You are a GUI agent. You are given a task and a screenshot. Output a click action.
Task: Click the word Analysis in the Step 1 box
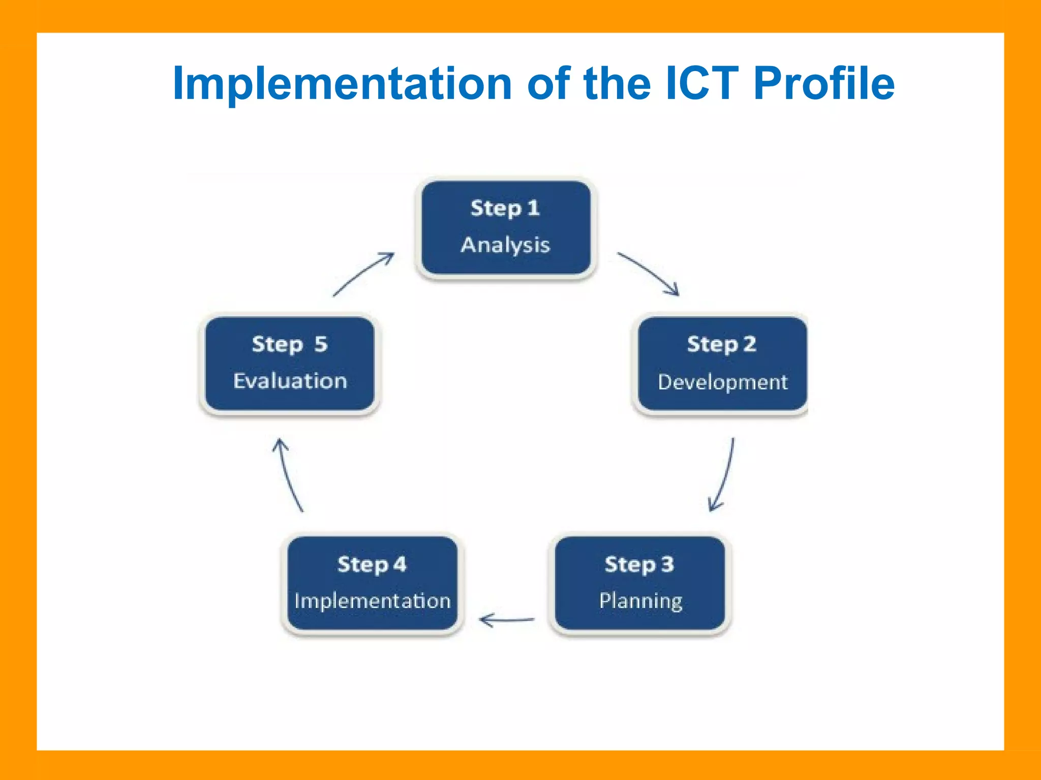505,245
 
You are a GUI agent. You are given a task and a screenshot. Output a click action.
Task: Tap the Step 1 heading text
505,208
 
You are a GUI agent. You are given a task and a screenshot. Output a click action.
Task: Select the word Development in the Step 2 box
722,382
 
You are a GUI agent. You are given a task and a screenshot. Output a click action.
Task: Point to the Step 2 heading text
721,344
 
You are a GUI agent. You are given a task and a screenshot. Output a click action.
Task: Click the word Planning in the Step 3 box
640,601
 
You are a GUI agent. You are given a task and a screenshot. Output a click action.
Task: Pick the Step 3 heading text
639,564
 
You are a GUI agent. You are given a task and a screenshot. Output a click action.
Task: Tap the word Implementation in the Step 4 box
373,601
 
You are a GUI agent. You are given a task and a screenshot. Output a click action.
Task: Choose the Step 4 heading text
372,564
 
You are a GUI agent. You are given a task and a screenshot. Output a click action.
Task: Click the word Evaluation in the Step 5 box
290,381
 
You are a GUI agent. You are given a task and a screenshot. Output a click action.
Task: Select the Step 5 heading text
290,344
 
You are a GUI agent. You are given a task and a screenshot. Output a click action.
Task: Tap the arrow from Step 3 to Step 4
507,620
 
